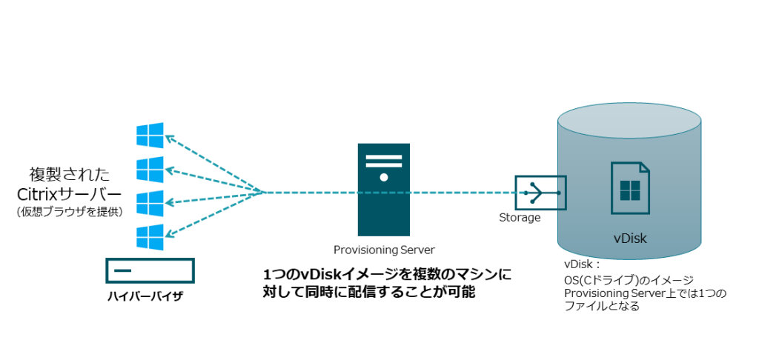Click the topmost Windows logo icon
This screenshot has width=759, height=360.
click(150, 135)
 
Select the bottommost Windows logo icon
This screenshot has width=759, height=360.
click(150, 237)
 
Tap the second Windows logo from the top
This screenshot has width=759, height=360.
click(150, 169)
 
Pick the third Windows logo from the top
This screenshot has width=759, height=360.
click(150, 203)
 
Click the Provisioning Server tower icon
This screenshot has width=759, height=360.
click(384, 189)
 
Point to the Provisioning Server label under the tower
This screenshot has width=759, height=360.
click(384, 250)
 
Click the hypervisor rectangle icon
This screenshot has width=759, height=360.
click(150, 270)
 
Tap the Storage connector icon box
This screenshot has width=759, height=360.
click(540, 193)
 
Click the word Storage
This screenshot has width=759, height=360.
click(520, 218)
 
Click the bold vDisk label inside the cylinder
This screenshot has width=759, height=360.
click(631, 238)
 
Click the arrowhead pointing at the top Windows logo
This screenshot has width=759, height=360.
click(169, 137)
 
